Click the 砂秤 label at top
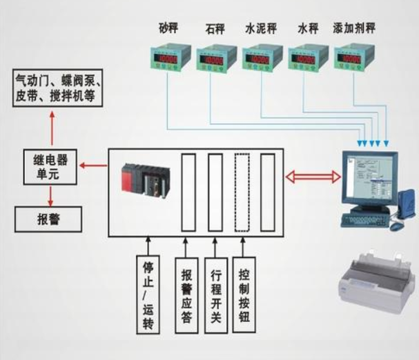[x=168, y=30]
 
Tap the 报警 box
[x=50, y=221]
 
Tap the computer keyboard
[x=364, y=219]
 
